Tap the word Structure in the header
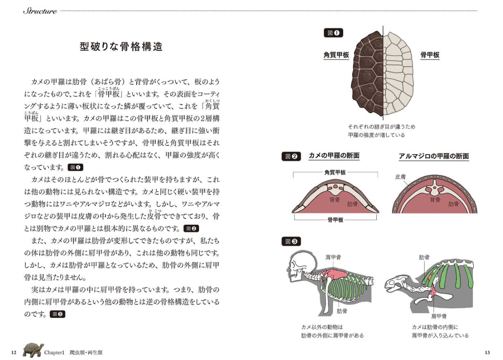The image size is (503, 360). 40,11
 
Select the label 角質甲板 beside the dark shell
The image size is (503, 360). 336,55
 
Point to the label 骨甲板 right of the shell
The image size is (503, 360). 429,55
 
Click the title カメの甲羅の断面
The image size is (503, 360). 334,156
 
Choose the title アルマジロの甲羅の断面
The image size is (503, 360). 434,156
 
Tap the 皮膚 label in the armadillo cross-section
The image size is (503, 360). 400,177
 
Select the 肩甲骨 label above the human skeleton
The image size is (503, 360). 333,257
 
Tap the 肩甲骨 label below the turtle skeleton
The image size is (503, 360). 438,316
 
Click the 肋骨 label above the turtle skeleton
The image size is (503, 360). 424,257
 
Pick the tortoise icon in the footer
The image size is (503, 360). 33,350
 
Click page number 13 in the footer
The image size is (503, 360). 487,352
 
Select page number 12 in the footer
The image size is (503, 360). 14,352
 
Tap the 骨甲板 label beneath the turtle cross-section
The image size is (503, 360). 335,219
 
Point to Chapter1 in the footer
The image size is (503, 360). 55,352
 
